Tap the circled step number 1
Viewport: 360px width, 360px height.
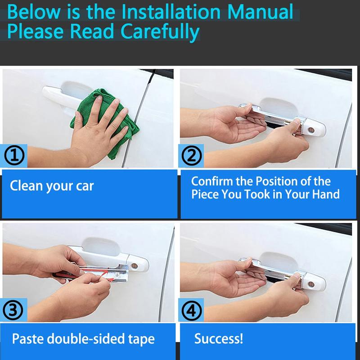pos(14,156)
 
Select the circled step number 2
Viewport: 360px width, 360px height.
pos(192,156)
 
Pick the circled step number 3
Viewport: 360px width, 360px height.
pos(13,310)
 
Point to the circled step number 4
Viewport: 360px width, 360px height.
pos(192,310)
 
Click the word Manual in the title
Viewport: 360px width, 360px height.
pos(260,12)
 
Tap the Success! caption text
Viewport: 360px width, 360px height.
pos(219,338)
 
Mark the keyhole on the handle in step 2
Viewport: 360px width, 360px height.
pos(311,130)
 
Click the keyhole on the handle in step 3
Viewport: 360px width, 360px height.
pos(134,266)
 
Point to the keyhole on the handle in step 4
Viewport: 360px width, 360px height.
pos(311,284)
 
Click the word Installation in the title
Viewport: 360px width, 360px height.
pos(171,12)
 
